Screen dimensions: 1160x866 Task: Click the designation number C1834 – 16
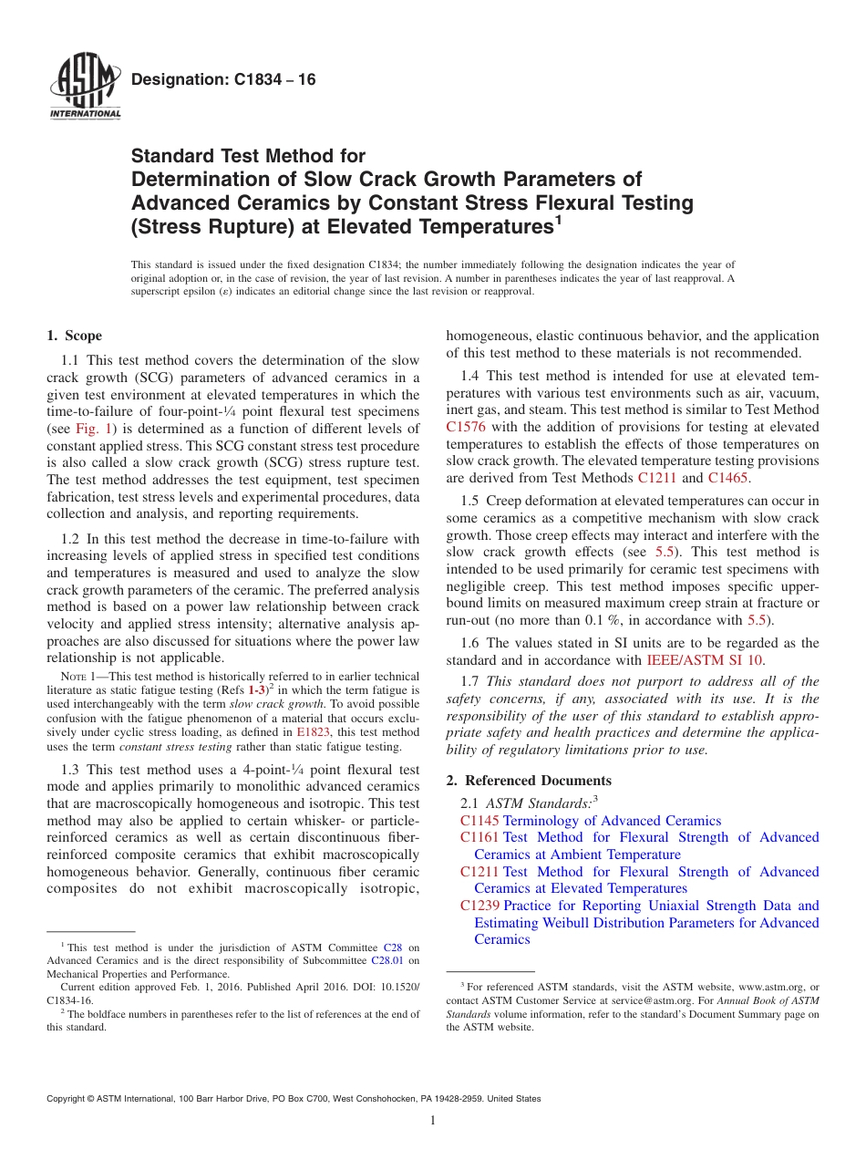coord(223,80)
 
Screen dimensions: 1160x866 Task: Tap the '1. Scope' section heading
coord(75,336)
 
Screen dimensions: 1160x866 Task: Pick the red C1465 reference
coord(727,477)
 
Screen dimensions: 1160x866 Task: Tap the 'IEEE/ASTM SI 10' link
coord(705,659)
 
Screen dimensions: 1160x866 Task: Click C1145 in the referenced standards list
coord(480,821)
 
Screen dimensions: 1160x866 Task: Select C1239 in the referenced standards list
coord(480,906)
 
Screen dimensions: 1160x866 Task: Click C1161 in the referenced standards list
coord(480,837)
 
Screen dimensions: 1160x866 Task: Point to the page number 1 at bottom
coord(433,1121)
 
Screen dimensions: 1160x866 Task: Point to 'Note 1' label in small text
coord(77,678)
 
